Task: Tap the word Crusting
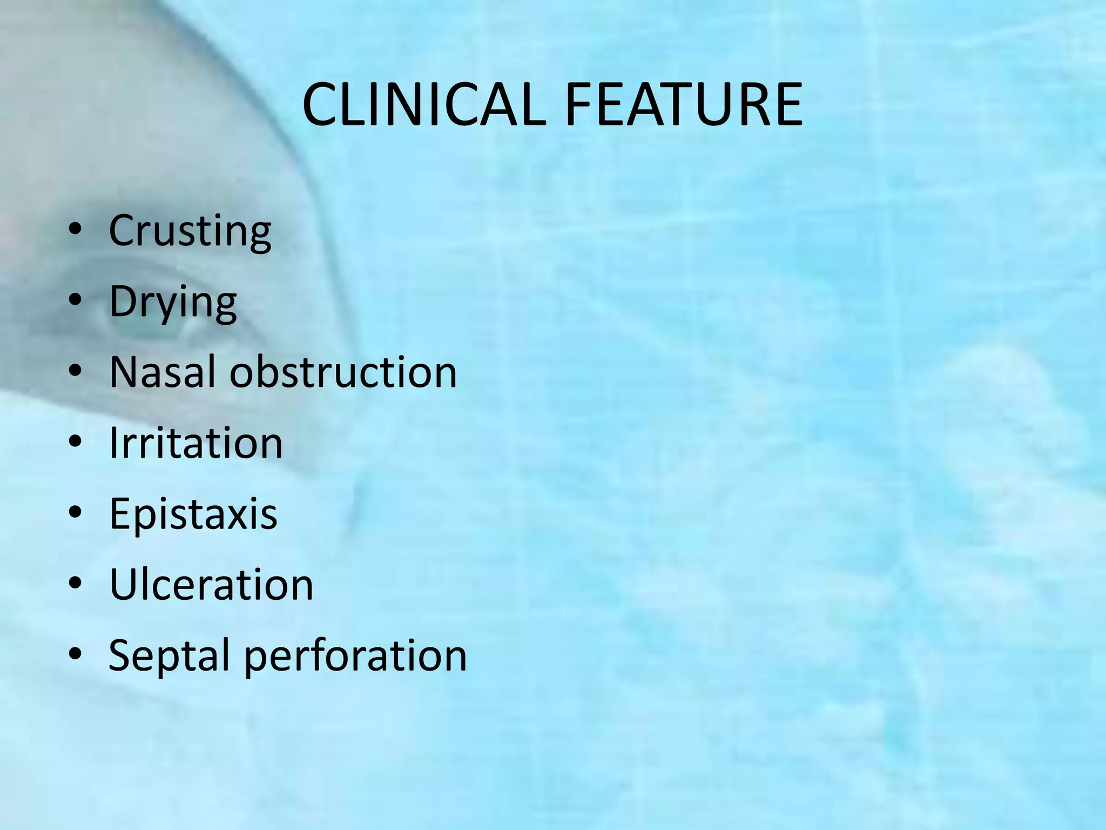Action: click(190, 231)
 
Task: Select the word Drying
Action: click(173, 302)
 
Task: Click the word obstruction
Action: click(343, 372)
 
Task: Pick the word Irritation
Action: click(195, 443)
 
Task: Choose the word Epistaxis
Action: click(193, 514)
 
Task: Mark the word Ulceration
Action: click(211, 585)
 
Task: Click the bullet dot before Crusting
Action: click(75, 231)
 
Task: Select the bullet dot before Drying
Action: click(75, 302)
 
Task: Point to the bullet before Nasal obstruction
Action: click(75, 372)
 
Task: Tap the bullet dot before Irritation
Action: click(75, 443)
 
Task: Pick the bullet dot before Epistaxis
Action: click(75, 514)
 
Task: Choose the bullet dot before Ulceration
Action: click(75, 585)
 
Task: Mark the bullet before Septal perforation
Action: click(75, 655)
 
